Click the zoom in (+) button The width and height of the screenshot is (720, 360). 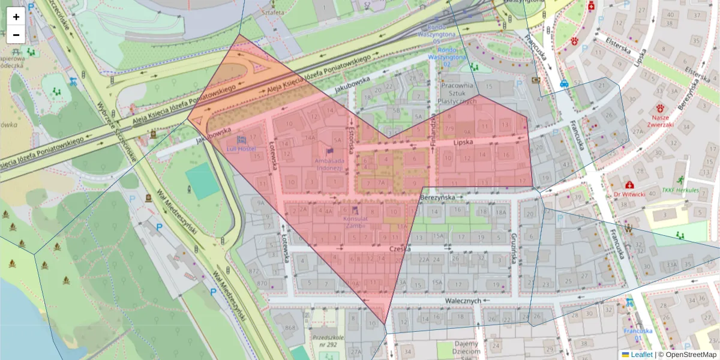[x=16, y=17]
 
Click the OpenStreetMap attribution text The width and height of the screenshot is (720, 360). [x=691, y=355]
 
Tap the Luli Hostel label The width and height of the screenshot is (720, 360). [x=241, y=148]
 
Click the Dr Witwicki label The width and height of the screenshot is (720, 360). [x=628, y=194]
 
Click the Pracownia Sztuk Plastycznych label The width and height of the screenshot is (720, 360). [x=458, y=93]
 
